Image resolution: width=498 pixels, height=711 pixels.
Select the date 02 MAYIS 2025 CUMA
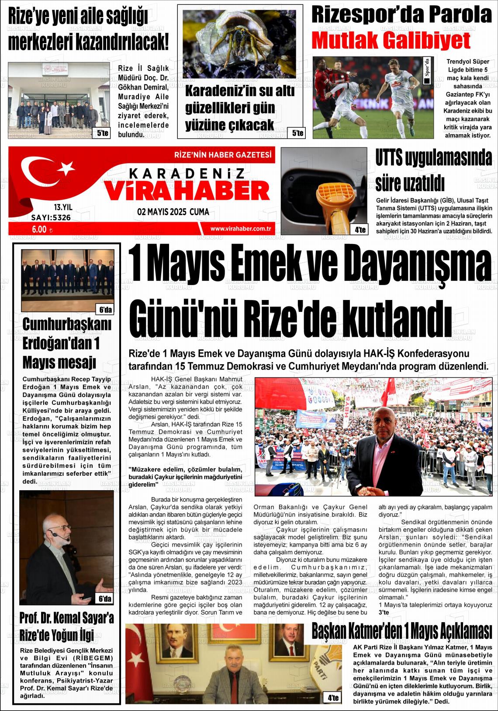tap(173, 212)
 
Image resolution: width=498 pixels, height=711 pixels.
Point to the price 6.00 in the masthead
tap(39, 228)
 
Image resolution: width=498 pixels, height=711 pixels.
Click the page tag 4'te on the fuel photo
tap(360, 229)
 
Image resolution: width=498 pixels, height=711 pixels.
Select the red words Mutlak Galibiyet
tap(391, 41)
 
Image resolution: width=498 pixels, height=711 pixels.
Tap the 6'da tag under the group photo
tap(105, 310)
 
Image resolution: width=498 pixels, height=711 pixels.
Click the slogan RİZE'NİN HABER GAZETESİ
tap(222, 155)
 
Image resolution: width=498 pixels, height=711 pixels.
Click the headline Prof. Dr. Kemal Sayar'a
tap(66, 618)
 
